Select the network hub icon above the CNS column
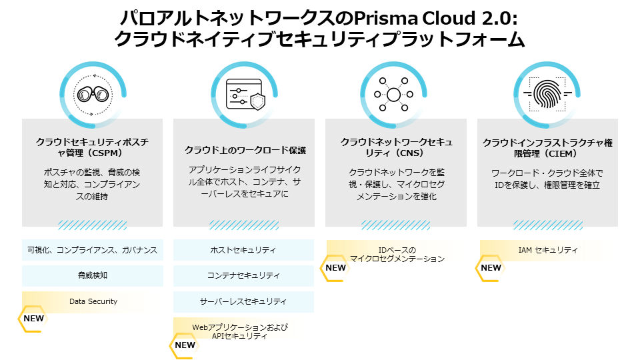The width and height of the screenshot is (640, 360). (x=393, y=93)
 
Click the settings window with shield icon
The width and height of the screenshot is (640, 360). (x=244, y=93)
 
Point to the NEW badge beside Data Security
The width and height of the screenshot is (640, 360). (x=33, y=319)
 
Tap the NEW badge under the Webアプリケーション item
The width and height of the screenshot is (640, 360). (x=184, y=345)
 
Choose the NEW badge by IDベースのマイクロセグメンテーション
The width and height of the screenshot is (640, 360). (x=335, y=268)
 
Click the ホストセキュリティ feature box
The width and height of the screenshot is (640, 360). (x=243, y=251)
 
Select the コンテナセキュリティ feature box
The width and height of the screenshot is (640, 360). (x=243, y=275)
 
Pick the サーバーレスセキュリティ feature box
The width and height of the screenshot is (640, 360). (x=243, y=301)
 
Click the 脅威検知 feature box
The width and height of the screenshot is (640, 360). (x=92, y=275)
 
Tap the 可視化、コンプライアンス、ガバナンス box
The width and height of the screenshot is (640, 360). (x=92, y=251)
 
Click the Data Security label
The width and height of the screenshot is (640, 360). (x=93, y=301)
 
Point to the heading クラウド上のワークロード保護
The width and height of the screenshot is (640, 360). (x=244, y=150)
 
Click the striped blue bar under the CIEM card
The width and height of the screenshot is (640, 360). (x=547, y=225)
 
